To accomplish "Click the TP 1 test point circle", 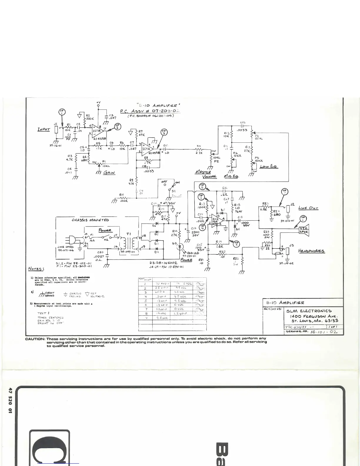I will [x=62, y=112].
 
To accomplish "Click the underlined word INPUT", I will [x=44, y=129].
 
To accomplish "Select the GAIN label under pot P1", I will [x=109, y=173].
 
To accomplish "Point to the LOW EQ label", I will [x=269, y=167].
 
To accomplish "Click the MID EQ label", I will [x=231, y=176].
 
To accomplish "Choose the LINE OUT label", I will [x=308, y=208].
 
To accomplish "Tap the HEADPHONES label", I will [x=311, y=251].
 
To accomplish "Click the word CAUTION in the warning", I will [x=35, y=339].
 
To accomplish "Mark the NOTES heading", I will [x=36, y=269].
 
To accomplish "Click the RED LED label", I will [x=193, y=253].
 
